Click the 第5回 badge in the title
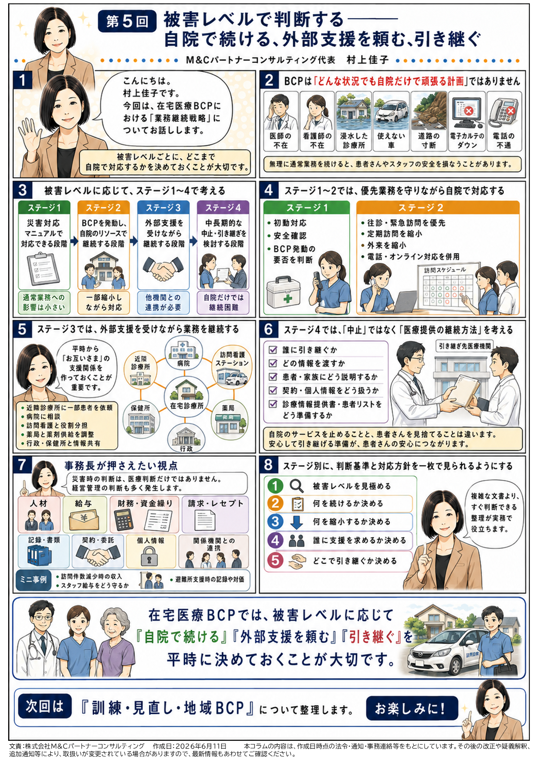127,22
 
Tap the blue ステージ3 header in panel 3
163,208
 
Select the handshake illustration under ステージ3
163,269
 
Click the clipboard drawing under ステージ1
44,269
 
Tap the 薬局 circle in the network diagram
228,420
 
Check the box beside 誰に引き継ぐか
273,350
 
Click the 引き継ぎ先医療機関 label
465,346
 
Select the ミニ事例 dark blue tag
33,579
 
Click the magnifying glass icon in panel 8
297,486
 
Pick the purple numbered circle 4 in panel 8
275,540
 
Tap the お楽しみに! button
412,709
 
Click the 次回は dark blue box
45,707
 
